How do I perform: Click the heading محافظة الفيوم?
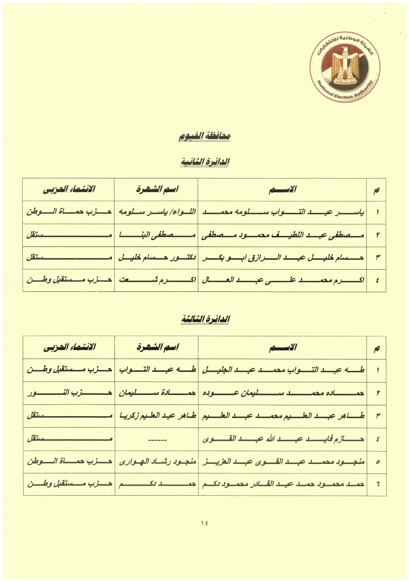(204, 136)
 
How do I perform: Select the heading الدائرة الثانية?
(204, 162)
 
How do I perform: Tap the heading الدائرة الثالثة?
(204, 319)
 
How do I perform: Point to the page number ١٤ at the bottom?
(204, 522)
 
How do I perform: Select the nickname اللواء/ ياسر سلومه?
(156, 212)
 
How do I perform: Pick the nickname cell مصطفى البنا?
(156, 235)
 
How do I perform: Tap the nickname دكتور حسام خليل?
(156, 258)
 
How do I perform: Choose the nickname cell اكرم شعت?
(156, 281)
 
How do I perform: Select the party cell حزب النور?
(69, 393)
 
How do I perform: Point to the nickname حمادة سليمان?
(156, 393)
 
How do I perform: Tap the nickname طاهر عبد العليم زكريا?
(156, 416)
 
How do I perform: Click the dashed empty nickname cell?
(156, 439)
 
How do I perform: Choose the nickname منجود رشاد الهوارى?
(156, 462)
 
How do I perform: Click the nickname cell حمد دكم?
(156, 485)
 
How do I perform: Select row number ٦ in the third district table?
(377, 485)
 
